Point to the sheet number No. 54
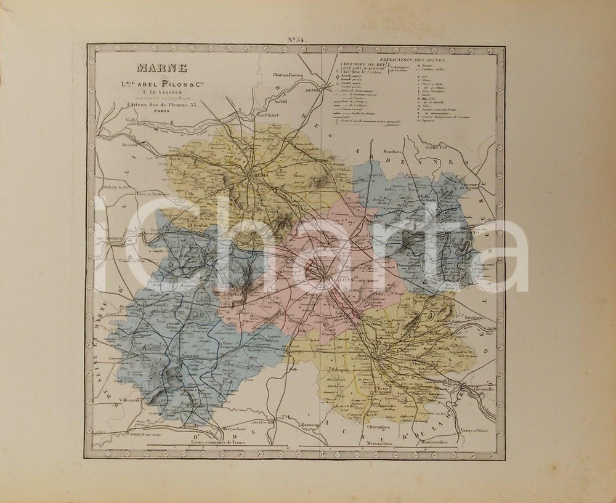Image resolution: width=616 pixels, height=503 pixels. point(296,41)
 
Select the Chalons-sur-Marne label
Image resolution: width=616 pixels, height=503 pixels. point(336,278)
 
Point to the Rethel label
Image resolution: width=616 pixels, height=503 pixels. point(313,88)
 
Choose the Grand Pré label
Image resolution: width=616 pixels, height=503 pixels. point(434,148)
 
